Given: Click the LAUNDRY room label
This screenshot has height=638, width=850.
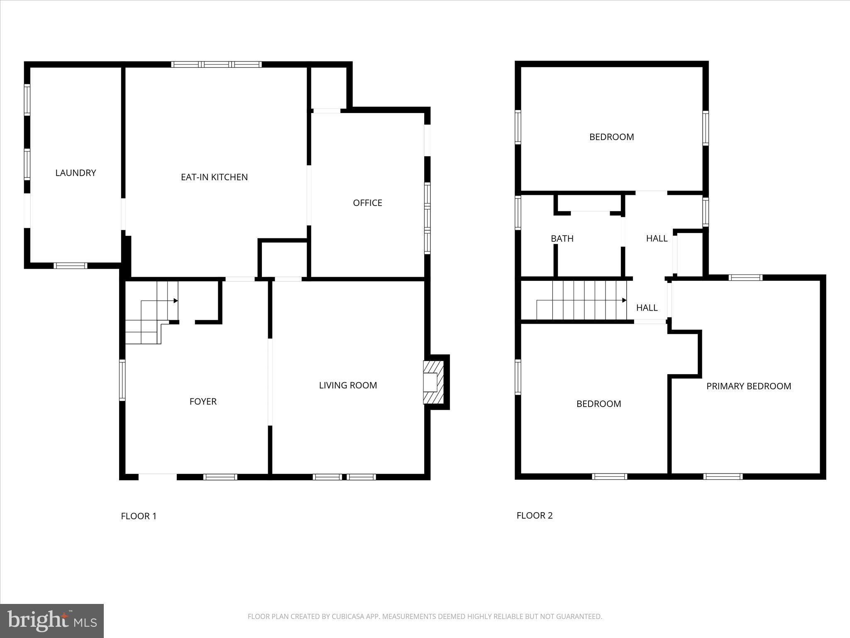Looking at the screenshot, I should coord(76,173).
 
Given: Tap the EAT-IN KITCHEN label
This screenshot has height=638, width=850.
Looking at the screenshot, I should coord(214,177).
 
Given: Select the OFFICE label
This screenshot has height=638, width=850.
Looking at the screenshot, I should coord(367,203).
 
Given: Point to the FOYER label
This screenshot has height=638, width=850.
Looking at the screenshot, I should coord(203,402).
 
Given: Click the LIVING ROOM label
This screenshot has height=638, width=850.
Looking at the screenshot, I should coord(348,385).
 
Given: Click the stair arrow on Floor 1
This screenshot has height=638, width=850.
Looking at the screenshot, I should coord(176,301).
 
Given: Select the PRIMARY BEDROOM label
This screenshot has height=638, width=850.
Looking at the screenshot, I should coord(748,386).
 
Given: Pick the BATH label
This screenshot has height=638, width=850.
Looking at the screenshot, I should coord(562,239).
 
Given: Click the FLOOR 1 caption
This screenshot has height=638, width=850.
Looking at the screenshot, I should coord(139,516).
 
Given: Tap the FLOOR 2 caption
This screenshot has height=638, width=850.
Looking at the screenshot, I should coord(535,515).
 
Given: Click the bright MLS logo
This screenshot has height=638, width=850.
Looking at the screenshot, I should coord(52,621).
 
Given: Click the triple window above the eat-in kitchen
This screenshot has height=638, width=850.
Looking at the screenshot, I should coord(216,64).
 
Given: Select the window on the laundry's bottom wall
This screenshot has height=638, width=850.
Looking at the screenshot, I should coord(71,266).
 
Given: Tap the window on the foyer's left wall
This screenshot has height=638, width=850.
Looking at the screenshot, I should coord(122,380).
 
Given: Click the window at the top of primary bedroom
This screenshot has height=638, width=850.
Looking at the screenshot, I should coord(745,277).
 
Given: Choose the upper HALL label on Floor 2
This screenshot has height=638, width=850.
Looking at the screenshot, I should coord(657,238).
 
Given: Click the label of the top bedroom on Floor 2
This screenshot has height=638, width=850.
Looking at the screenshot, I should coord(611,137).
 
